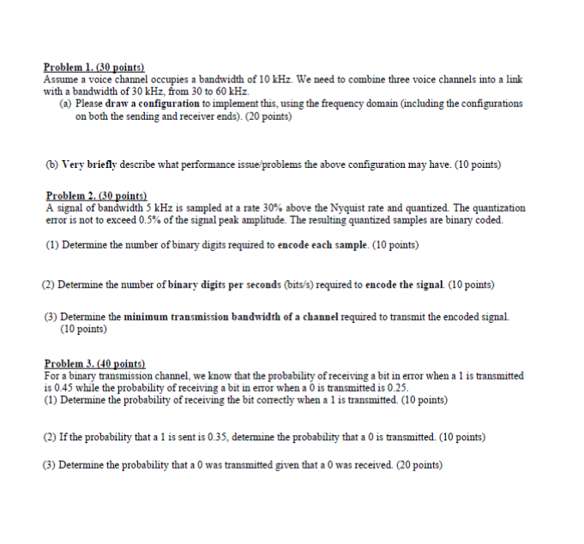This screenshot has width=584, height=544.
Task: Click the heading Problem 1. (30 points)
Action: (x=94, y=67)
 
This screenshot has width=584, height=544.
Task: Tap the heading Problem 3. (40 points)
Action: (x=95, y=364)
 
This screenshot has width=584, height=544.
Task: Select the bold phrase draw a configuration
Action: (x=152, y=103)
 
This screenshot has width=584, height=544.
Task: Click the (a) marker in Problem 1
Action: (x=65, y=103)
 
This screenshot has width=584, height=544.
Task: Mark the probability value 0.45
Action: (x=62, y=387)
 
